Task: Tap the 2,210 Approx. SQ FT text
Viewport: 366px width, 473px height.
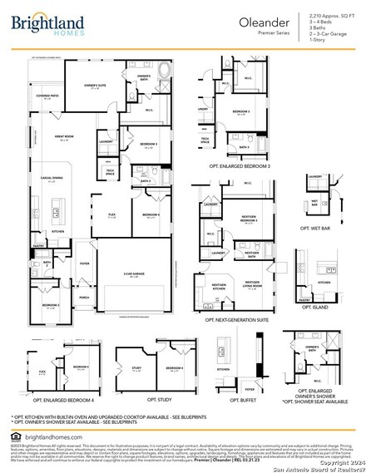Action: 329,16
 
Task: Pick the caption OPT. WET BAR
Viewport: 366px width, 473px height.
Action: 316,227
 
